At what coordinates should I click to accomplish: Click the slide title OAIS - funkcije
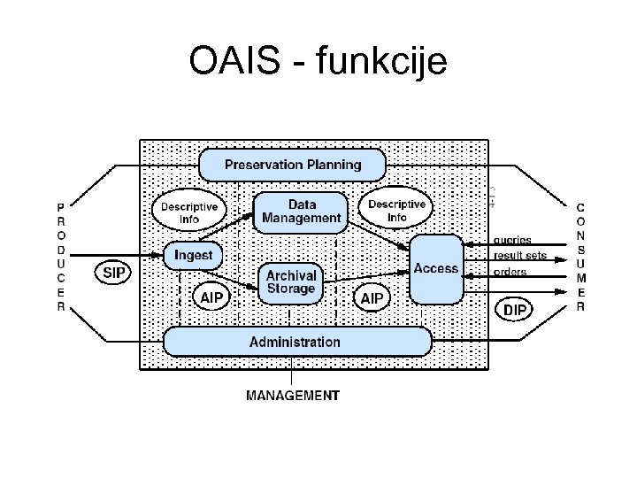318,62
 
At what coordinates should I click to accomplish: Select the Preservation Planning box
293,165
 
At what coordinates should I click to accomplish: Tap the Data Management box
302,211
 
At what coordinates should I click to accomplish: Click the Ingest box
193,255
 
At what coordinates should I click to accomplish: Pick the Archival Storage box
290,282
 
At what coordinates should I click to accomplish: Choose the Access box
436,268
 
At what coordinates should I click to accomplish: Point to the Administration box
295,342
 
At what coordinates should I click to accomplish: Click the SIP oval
114,274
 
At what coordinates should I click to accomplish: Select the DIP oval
515,310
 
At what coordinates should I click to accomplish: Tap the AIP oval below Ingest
211,297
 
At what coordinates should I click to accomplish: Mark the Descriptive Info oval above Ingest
189,212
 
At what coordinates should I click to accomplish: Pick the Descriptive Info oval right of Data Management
396,211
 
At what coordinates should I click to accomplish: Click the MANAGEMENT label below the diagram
292,395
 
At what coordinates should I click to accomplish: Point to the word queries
512,240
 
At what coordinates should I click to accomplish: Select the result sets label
520,256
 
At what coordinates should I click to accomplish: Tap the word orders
510,272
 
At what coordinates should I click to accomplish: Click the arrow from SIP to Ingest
115,256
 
